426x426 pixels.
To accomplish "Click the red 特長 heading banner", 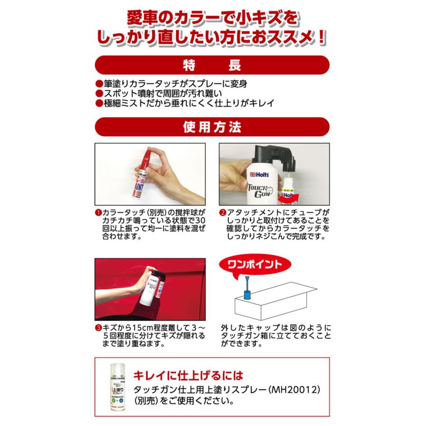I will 213,65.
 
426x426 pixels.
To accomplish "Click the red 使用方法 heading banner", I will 213,127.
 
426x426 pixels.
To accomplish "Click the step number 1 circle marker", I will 98,212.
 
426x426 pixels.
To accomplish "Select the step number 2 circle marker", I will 223,212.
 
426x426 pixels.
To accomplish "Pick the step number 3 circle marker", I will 98,328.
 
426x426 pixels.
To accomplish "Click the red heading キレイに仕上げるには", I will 189,376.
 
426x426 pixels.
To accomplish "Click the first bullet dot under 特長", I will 98,83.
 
